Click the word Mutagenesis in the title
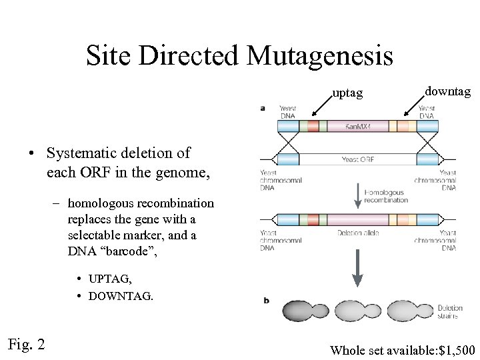pos(319,56)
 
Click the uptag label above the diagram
pos(347,93)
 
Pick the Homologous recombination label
pos(386,196)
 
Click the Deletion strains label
pos(449,311)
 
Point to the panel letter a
pos(263,107)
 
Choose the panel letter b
pos(267,301)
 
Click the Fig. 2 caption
pos(27,344)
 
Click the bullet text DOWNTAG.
pos(121,295)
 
